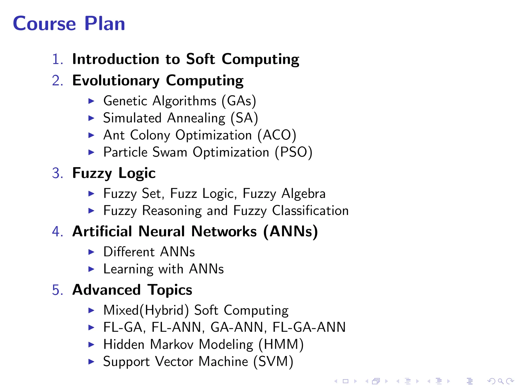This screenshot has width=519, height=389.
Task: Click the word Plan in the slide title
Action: pos(105,24)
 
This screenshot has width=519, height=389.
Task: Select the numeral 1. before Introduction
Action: pos(57,59)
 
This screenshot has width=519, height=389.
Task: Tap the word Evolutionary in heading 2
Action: pos(116,81)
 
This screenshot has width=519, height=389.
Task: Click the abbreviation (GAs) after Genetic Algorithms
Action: pos(239,101)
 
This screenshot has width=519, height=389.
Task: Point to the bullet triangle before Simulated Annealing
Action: pos(91,118)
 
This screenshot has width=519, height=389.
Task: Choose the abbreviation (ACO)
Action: pos(276,135)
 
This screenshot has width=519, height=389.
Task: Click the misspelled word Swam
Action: pos(170,152)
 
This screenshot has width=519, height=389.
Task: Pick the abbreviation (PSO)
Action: pos(293,152)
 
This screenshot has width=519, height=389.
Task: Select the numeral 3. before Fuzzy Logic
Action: pos(57,173)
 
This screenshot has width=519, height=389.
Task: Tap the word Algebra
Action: pos(303,194)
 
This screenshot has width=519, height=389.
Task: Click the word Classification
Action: pos(310,211)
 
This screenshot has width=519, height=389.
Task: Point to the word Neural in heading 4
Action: pos(162,231)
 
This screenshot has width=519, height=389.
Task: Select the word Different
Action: pos(129,252)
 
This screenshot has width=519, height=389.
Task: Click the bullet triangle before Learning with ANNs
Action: pos(91,269)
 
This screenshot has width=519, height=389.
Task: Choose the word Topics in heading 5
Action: pos(170,290)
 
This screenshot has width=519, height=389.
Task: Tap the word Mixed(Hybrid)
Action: pos(146,310)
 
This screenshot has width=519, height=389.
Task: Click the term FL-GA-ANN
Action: pos(309,327)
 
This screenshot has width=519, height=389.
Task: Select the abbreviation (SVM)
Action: pos(273,361)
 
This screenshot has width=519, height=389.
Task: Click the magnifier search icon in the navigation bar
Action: pos(501,381)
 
